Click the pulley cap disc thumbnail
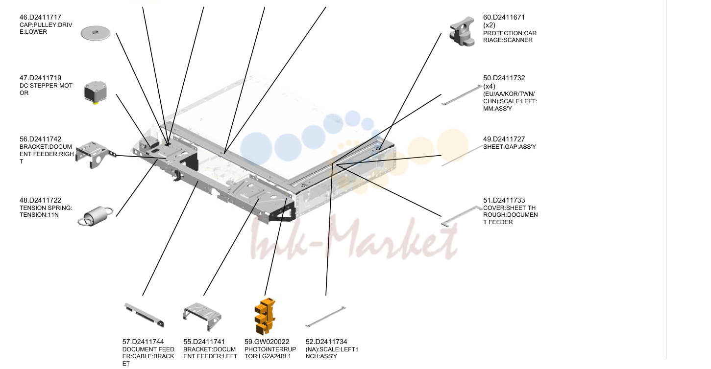pyautogui.click(x=96, y=33)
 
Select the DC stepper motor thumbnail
pyautogui.click(x=96, y=92)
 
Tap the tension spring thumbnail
pyautogui.click(x=95, y=216)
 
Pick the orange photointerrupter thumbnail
pyautogui.click(x=265, y=316)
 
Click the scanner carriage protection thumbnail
pyautogui.click(x=462, y=31)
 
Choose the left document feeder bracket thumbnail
pyautogui.click(x=202, y=316)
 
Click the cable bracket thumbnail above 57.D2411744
pyautogui.click(x=144, y=315)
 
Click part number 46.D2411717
pyautogui.click(x=40, y=17)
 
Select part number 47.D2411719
pyautogui.click(x=40, y=78)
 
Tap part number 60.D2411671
pyautogui.click(x=504, y=17)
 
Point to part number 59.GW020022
pyautogui.click(x=267, y=342)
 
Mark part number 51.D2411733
pyautogui.click(x=504, y=200)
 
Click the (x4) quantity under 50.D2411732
pyautogui.click(x=489, y=86)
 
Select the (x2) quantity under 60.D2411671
pyautogui.click(x=489, y=25)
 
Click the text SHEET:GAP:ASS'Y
pyautogui.click(x=510, y=147)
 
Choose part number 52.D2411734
pyautogui.click(x=326, y=342)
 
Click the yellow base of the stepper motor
pyautogui.click(x=95, y=103)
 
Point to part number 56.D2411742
pyautogui.click(x=40, y=139)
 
